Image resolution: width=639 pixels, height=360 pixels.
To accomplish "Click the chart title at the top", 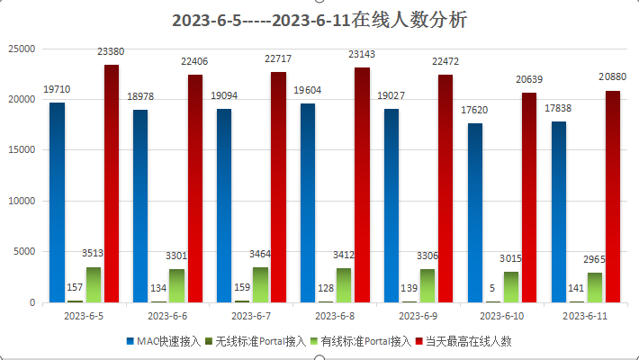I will coord(319,20).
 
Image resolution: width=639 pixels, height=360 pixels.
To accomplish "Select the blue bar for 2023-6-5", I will coord(57,202).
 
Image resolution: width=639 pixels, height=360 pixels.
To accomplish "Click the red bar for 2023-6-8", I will coord(363,184).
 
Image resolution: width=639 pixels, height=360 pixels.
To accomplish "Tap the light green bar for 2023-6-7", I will coord(260,284).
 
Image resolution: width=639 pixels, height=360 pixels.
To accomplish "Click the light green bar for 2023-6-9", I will coord(427,285).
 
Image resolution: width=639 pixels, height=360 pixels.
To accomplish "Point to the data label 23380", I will coord(111,54).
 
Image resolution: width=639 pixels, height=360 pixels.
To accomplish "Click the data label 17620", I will coord(475,112).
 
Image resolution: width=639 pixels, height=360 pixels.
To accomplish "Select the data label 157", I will coord(76,289).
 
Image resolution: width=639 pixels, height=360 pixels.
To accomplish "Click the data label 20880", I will coord(613,79).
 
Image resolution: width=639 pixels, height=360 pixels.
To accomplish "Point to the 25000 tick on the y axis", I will coord(21,49).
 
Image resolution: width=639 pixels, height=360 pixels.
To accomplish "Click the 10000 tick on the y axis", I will coord(21,201).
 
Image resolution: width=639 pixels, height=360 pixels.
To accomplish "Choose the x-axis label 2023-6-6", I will coord(166,317).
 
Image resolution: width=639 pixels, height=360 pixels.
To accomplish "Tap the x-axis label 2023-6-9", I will coord(418,317).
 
